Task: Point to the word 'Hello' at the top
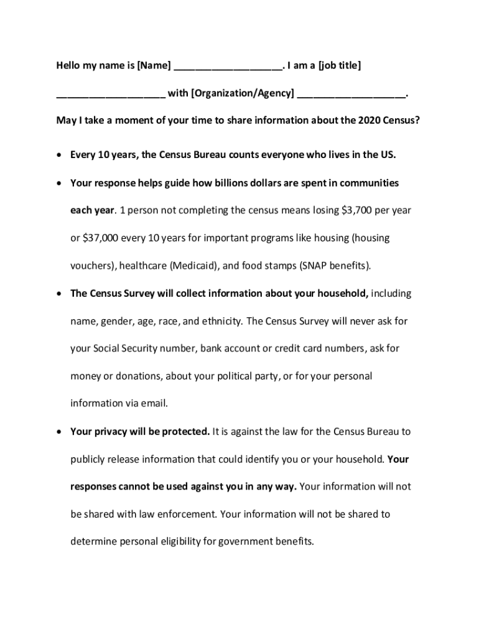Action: pos(70,65)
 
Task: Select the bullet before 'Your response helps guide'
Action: pos(59,184)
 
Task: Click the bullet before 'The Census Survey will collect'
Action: pos(59,294)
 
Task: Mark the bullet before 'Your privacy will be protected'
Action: pos(59,432)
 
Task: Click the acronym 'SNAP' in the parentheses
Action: pos(314,266)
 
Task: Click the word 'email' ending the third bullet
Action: pos(154,403)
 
